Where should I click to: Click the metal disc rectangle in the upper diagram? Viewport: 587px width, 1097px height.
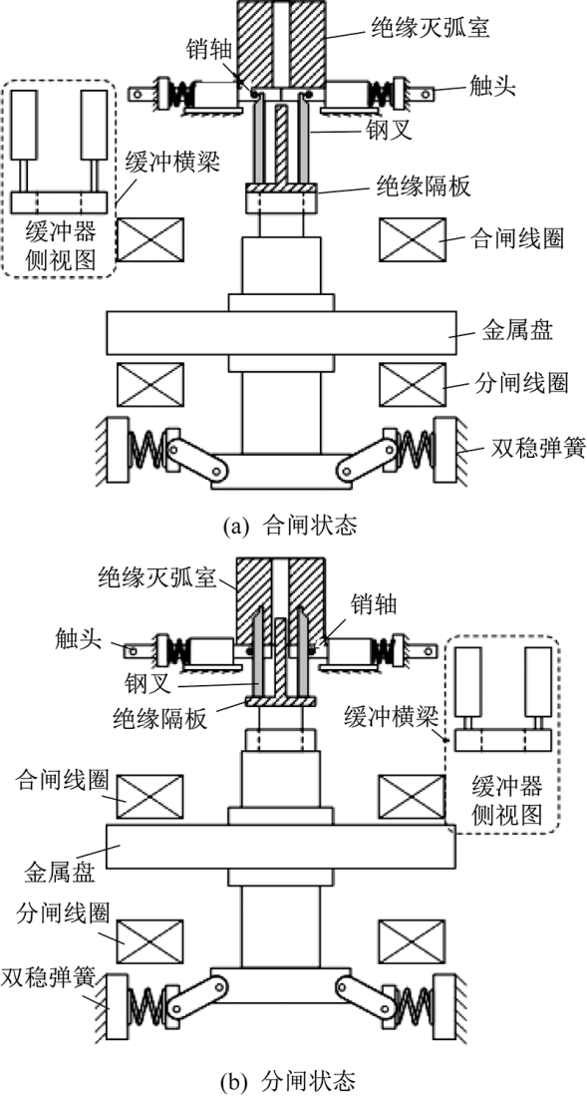[x=281, y=333]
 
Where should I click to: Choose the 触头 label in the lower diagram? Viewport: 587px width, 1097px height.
[x=78, y=636]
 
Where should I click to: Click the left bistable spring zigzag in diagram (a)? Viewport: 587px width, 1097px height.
[x=147, y=443]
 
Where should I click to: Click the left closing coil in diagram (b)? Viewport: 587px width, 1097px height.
[x=150, y=797]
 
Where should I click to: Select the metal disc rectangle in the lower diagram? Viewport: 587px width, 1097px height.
[x=281, y=847]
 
